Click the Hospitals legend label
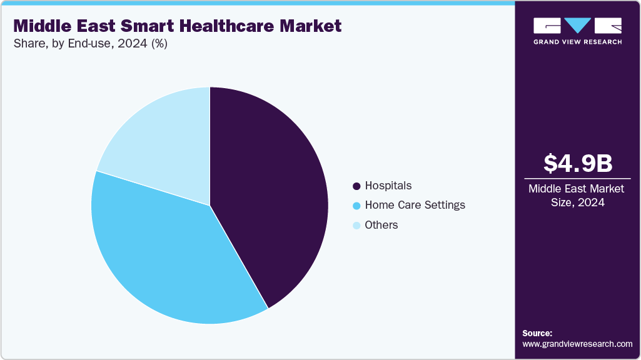tap(388, 186)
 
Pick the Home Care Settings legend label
tap(415, 205)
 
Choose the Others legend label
tap(381, 225)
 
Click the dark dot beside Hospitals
tap(356, 186)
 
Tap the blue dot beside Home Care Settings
tap(356, 206)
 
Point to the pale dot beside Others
tap(356, 226)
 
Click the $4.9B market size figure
tap(577, 163)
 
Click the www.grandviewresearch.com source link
tap(577, 344)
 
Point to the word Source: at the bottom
tap(537, 334)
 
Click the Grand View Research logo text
tap(577, 42)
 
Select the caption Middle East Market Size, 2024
tap(577, 195)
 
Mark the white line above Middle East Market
tap(577, 178)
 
